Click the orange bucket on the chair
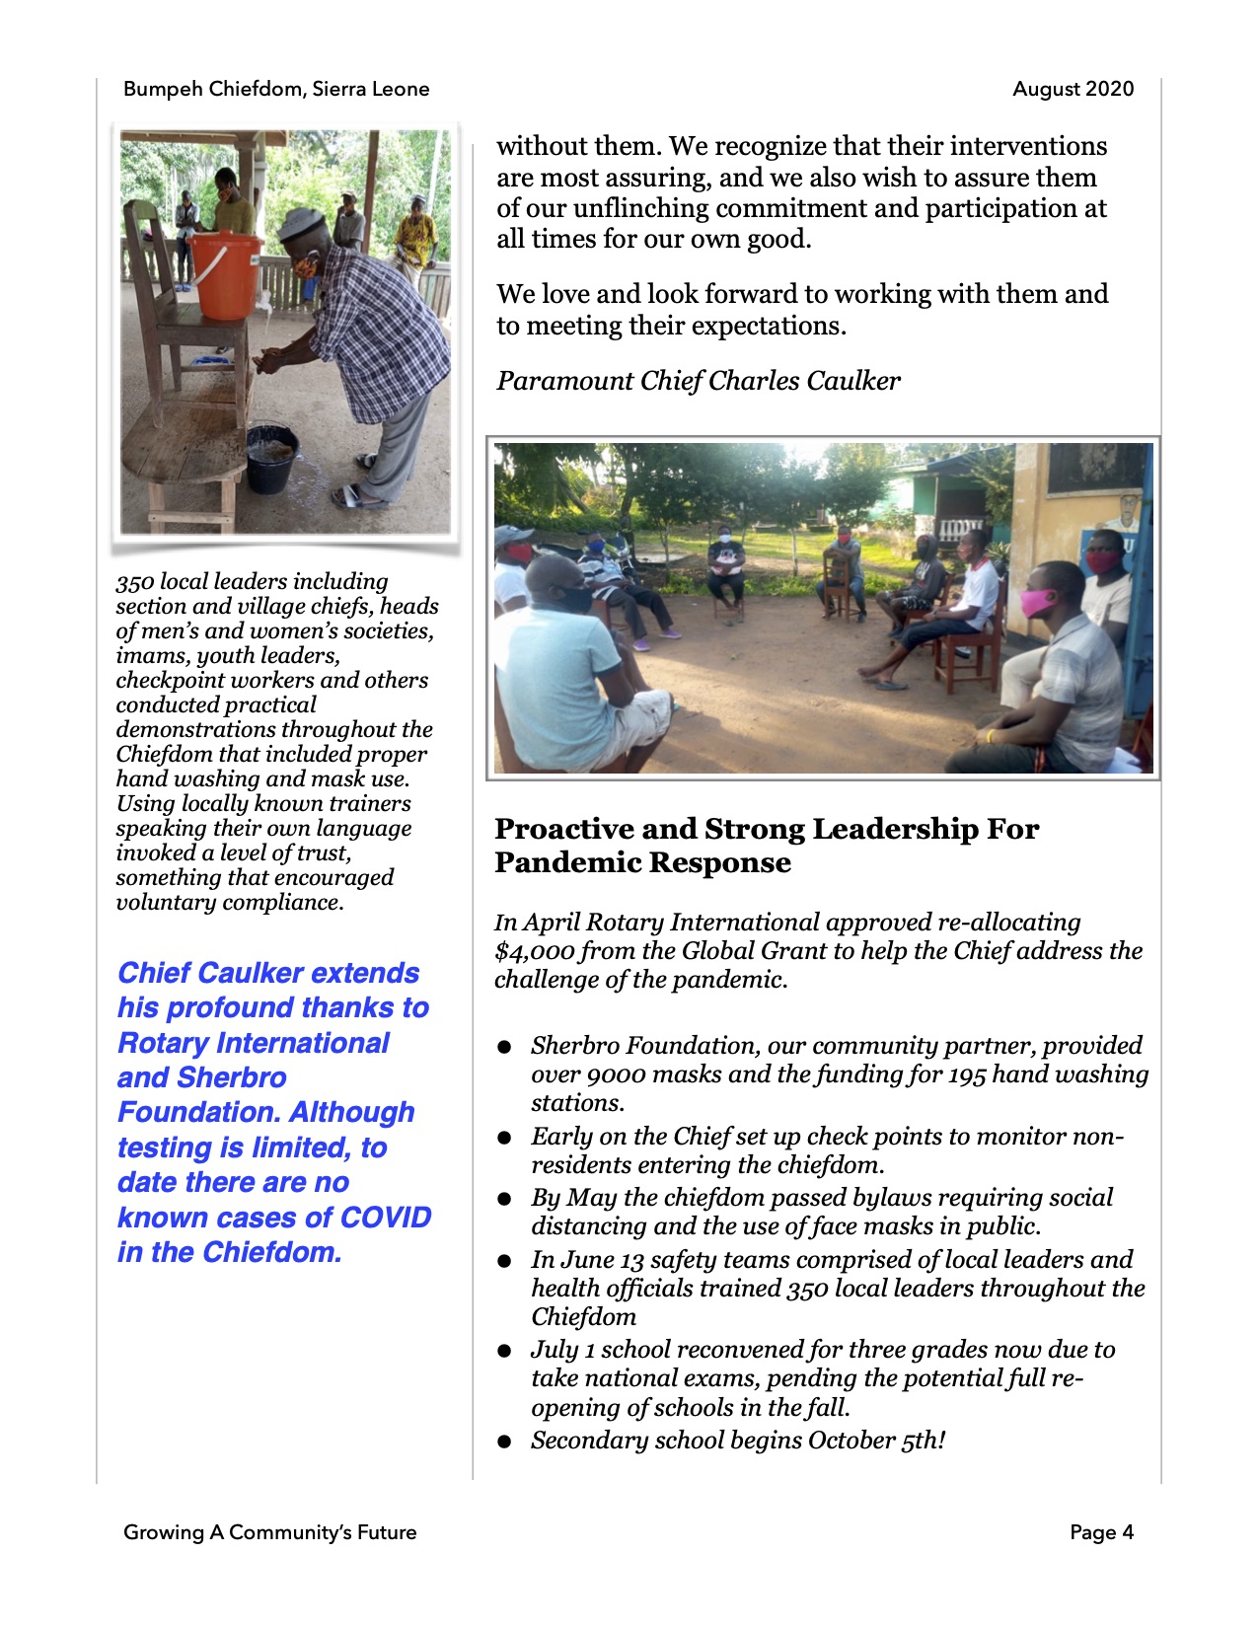(225, 275)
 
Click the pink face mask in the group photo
(1037, 600)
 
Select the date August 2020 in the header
(1073, 89)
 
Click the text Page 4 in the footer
(1101, 1532)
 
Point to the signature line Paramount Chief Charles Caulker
(698, 381)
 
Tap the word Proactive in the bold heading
(563, 829)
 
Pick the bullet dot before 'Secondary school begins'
(505, 1442)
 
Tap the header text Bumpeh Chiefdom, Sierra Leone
(276, 89)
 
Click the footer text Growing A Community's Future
(269, 1532)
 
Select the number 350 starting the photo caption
(134, 582)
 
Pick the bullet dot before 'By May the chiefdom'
(505, 1199)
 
